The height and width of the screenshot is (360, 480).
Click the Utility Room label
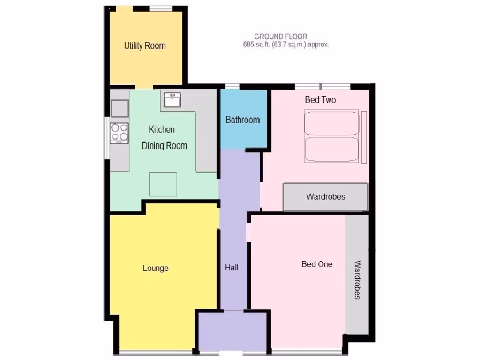145,46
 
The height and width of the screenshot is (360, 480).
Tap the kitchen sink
172,100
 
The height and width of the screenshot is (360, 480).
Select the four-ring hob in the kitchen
120,132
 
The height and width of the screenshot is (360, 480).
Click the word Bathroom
243,120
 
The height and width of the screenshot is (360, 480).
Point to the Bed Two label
320,100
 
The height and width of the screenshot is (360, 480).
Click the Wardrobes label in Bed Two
326,196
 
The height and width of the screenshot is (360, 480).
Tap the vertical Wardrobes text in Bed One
357,280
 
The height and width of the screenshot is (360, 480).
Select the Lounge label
156,269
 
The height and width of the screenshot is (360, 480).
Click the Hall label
232,268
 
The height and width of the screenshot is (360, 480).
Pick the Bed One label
317,264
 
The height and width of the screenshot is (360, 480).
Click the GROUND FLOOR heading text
281,37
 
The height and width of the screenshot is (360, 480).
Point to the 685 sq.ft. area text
286,45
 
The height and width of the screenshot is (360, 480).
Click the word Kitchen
162,129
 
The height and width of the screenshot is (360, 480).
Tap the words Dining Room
165,146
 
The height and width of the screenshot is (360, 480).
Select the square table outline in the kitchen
163,184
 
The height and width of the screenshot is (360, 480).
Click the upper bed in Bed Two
332,123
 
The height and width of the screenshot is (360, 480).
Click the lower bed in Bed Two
332,150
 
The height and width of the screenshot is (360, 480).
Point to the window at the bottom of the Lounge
156,352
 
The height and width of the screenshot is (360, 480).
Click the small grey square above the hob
120,108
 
